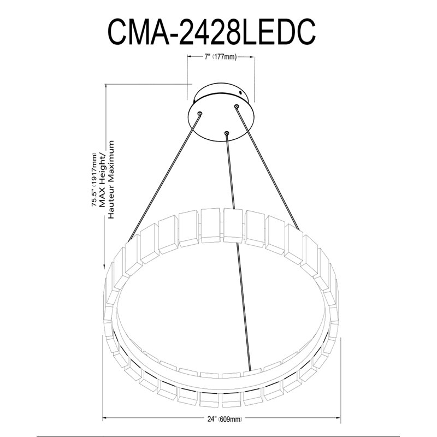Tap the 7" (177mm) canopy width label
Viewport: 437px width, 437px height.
click(x=221, y=57)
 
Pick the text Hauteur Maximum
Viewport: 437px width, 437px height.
click(x=111, y=180)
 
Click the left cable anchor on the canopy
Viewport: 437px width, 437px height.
click(x=199, y=114)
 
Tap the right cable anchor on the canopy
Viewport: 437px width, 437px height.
click(x=237, y=106)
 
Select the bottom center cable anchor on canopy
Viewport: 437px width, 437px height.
click(x=227, y=133)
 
